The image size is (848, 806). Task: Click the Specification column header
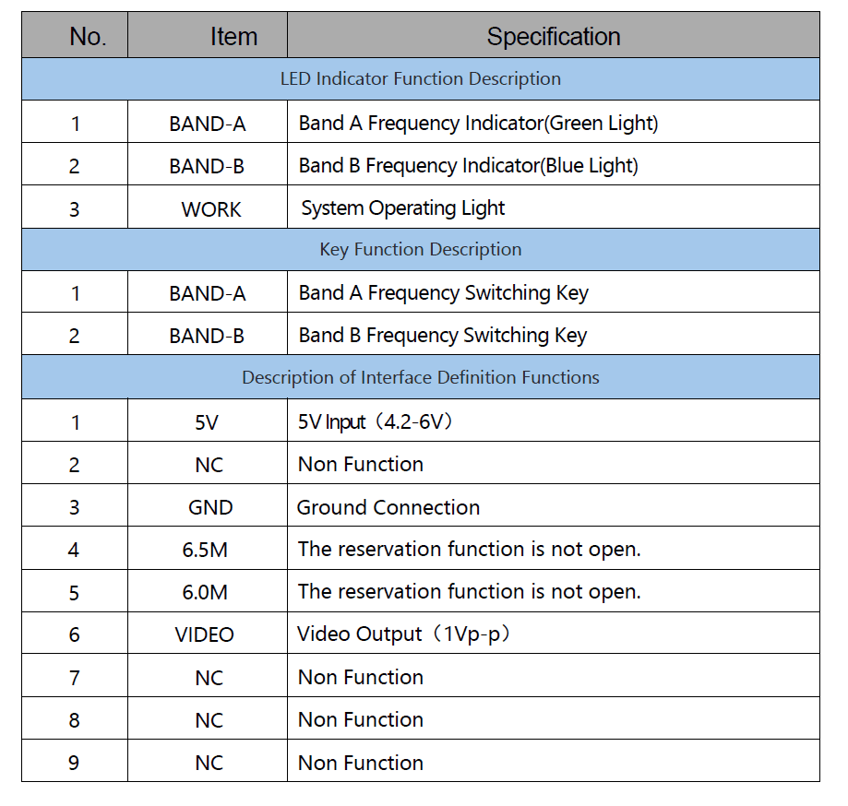[554, 37]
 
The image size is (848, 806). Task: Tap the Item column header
[233, 37]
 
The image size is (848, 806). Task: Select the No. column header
[88, 37]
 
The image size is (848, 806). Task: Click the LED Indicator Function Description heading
[420, 79]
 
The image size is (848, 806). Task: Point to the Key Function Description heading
[420, 250]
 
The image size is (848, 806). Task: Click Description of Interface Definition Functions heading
[420, 377]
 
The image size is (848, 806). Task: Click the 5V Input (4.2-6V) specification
[375, 421]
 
